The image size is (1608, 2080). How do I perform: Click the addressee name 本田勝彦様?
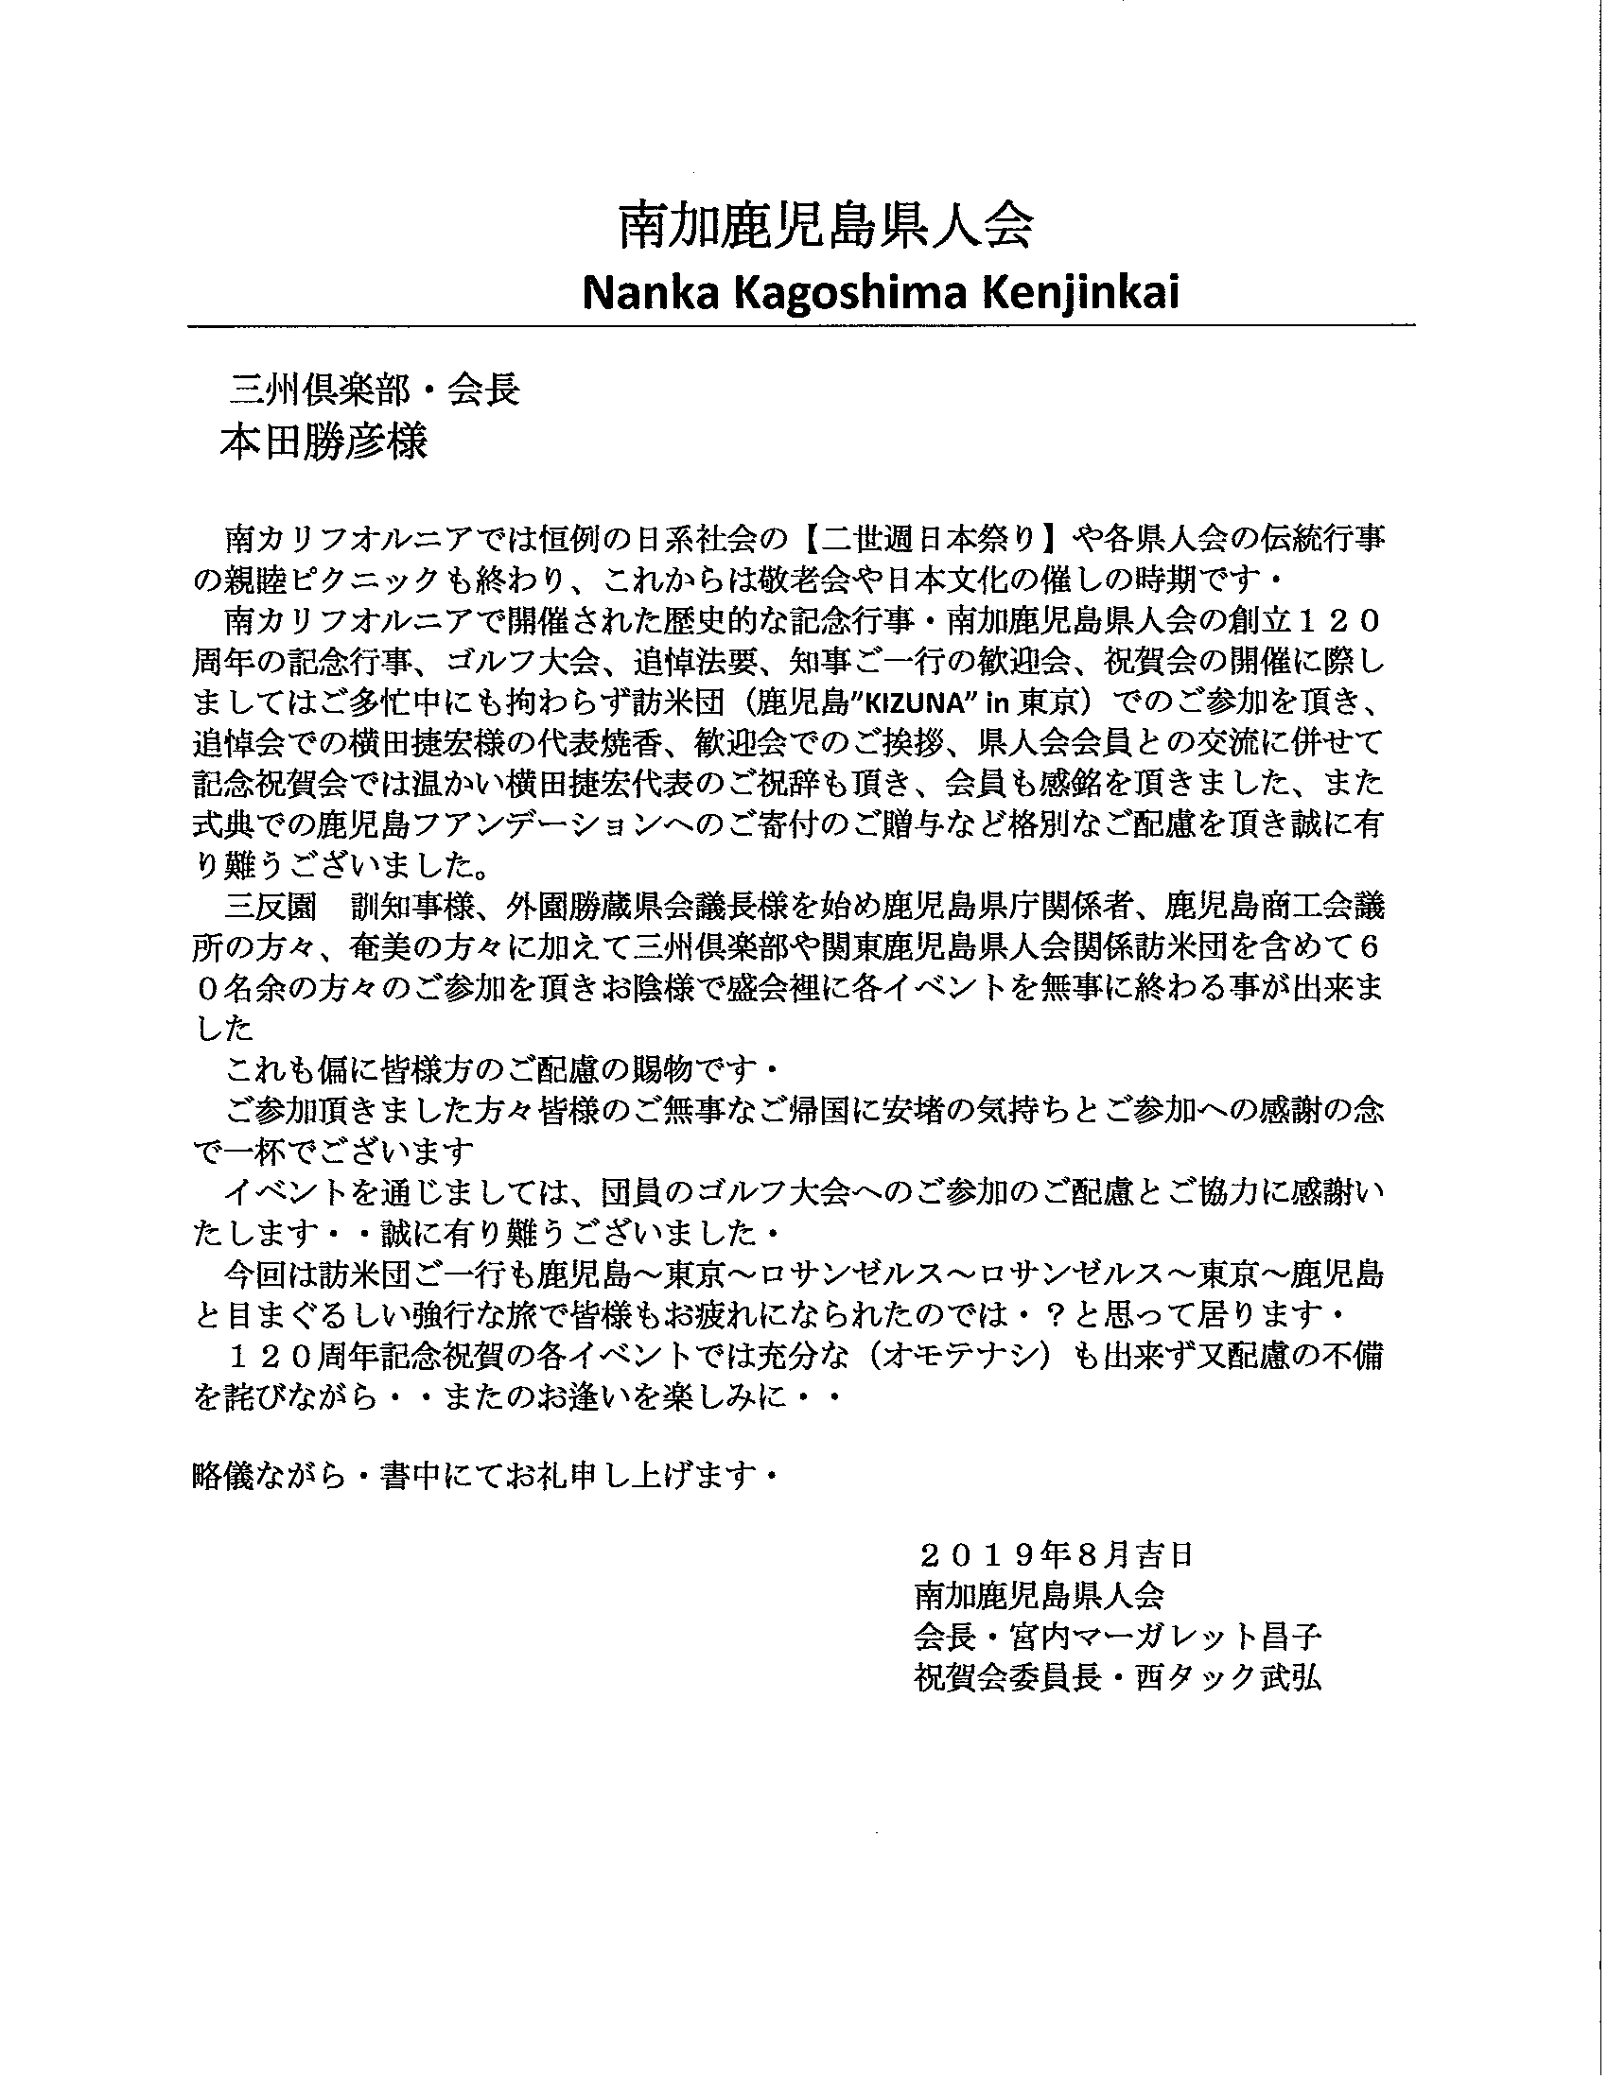pos(323,442)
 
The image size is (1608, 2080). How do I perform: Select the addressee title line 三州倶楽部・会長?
pos(375,390)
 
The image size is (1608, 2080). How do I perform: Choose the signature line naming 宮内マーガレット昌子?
pos(1116,1638)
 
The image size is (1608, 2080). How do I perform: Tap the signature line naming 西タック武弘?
pos(1116,1678)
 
